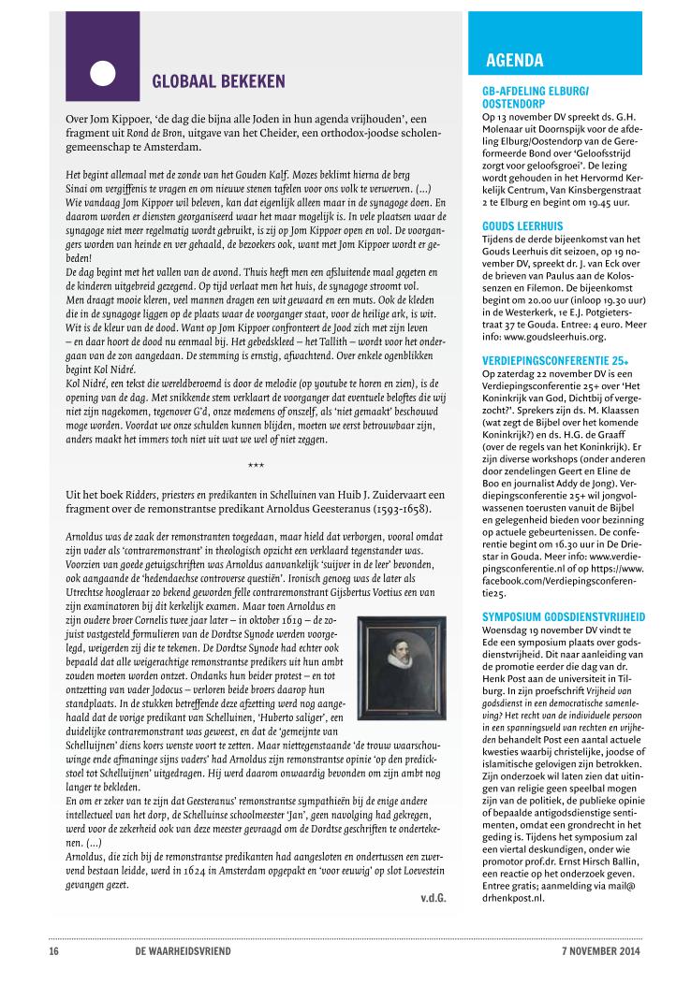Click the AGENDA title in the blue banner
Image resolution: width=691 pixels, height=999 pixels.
pyautogui.click(x=515, y=62)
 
